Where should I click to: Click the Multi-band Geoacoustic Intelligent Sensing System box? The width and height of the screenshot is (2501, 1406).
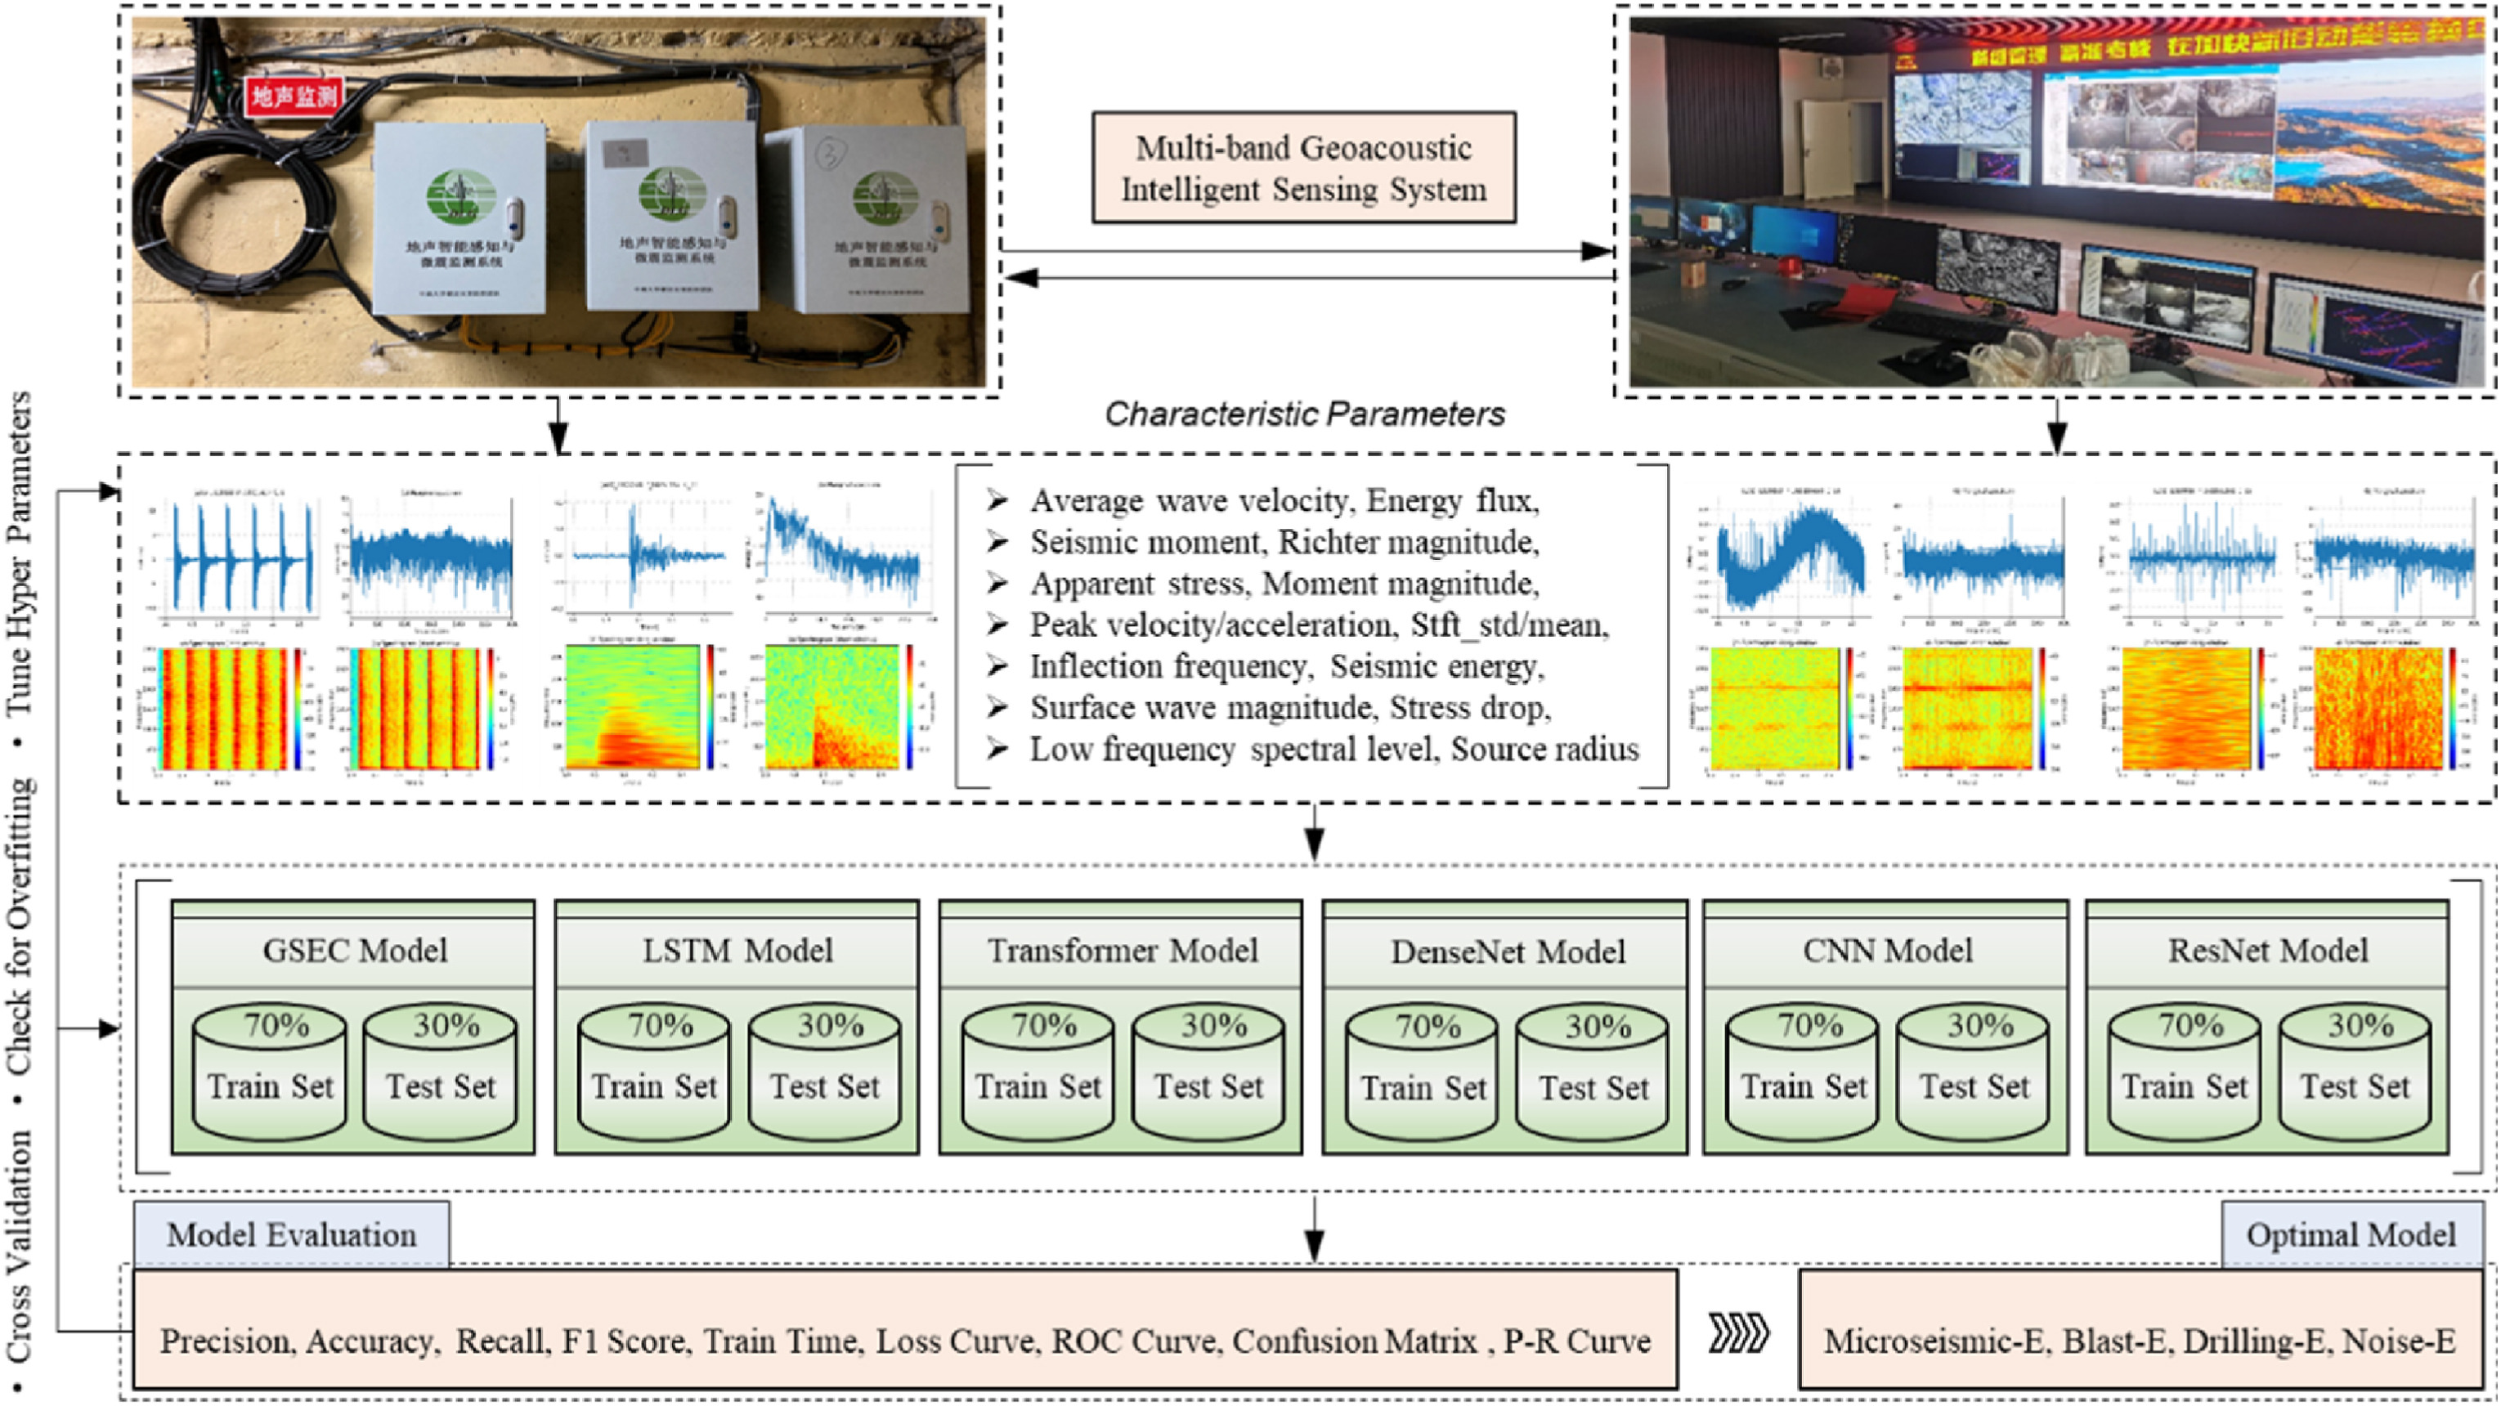(1303, 168)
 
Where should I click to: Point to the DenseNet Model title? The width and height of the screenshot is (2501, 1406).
(1507, 952)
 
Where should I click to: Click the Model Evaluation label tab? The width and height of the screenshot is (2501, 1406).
(291, 1234)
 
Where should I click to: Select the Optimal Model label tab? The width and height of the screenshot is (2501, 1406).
(2351, 1234)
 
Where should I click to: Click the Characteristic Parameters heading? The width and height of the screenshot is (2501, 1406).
(1304, 414)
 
